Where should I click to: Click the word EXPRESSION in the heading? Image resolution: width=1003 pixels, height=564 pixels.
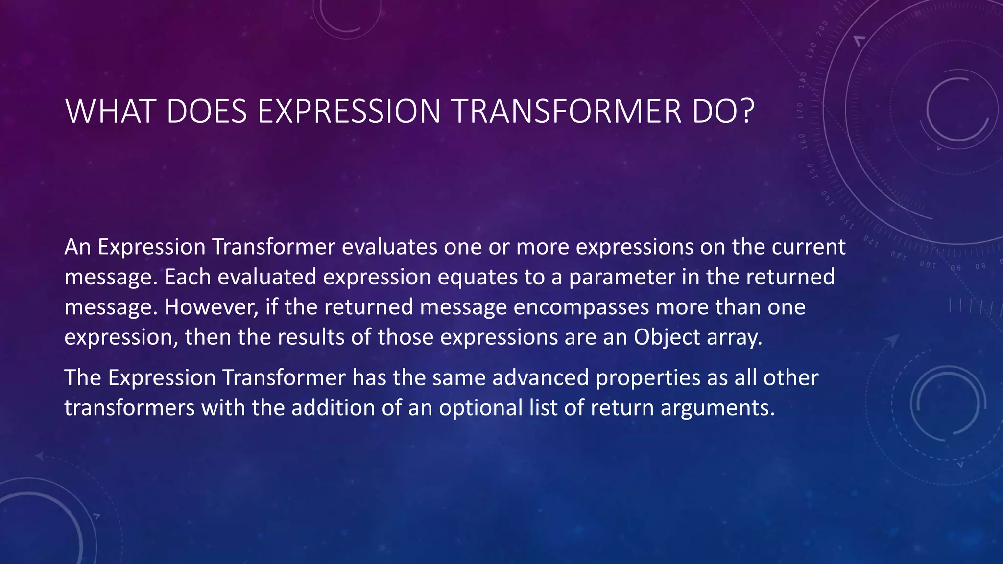(x=349, y=112)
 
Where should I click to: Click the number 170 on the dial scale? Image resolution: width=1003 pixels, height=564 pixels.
(x=800, y=111)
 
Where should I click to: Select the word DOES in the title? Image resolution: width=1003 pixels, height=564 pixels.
(x=206, y=112)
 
